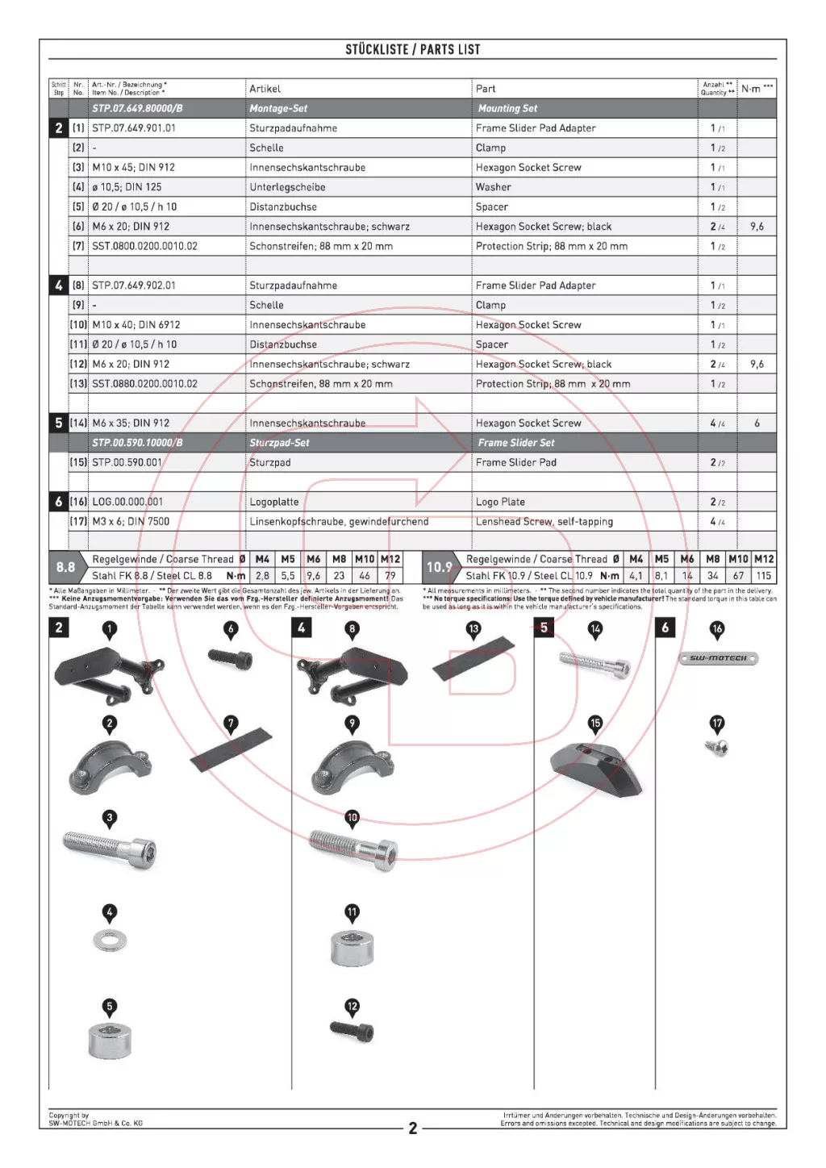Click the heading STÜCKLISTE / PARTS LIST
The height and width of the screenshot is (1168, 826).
point(412,49)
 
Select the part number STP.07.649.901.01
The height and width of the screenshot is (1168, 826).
point(134,128)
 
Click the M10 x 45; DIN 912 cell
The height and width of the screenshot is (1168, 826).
point(133,168)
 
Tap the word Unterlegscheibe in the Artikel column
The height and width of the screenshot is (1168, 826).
point(287,187)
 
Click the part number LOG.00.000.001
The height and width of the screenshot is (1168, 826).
point(127,502)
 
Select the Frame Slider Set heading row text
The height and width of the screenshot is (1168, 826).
point(516,443)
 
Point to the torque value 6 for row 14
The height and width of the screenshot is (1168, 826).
point(757,423)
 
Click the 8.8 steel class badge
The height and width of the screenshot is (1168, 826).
point(65,567)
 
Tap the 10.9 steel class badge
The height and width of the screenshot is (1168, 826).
point(439,567)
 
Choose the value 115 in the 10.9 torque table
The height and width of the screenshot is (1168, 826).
point(763,576)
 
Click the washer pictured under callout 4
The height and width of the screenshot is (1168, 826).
point(110,940)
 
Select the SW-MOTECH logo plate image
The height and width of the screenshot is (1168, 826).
point(718,659)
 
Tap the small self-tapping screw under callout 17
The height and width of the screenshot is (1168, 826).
point(717,749)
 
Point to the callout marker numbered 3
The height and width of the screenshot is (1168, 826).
point(110,818)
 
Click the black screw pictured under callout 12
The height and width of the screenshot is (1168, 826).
point(353,1030)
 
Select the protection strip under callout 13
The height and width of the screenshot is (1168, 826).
point(473,659)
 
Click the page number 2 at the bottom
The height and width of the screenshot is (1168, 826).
point(413,1128)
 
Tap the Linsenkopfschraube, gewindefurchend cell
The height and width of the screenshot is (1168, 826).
point(339,522)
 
